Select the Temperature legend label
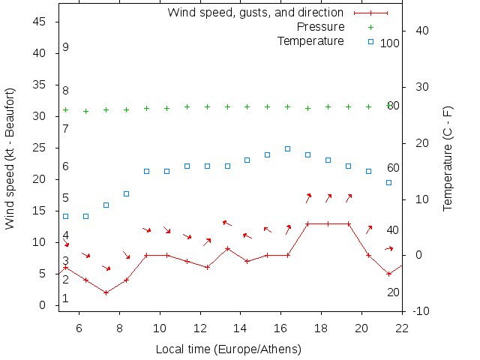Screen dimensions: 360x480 click(310, 40)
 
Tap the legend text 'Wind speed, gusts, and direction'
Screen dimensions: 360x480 click(256, 13)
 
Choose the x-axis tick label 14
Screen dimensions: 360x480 click(240, 327)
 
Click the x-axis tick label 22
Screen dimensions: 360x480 click(402, 327)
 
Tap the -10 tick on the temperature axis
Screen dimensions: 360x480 click(421, 310)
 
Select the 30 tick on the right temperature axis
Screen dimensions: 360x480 click(418, 87)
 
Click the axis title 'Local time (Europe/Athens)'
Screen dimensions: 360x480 click(228, 349)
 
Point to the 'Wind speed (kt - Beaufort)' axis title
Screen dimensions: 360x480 click(10, 158)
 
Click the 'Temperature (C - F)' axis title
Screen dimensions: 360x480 click(448, 158)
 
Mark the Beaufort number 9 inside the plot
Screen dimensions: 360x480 click(66, 47)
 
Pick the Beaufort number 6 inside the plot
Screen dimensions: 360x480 click(66, 166)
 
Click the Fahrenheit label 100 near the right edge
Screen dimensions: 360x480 click(389, 43)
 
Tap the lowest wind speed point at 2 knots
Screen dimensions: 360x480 click(106, 292)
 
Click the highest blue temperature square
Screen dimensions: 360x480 click(287, 148)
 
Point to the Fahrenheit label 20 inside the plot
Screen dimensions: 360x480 click(393, 292)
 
